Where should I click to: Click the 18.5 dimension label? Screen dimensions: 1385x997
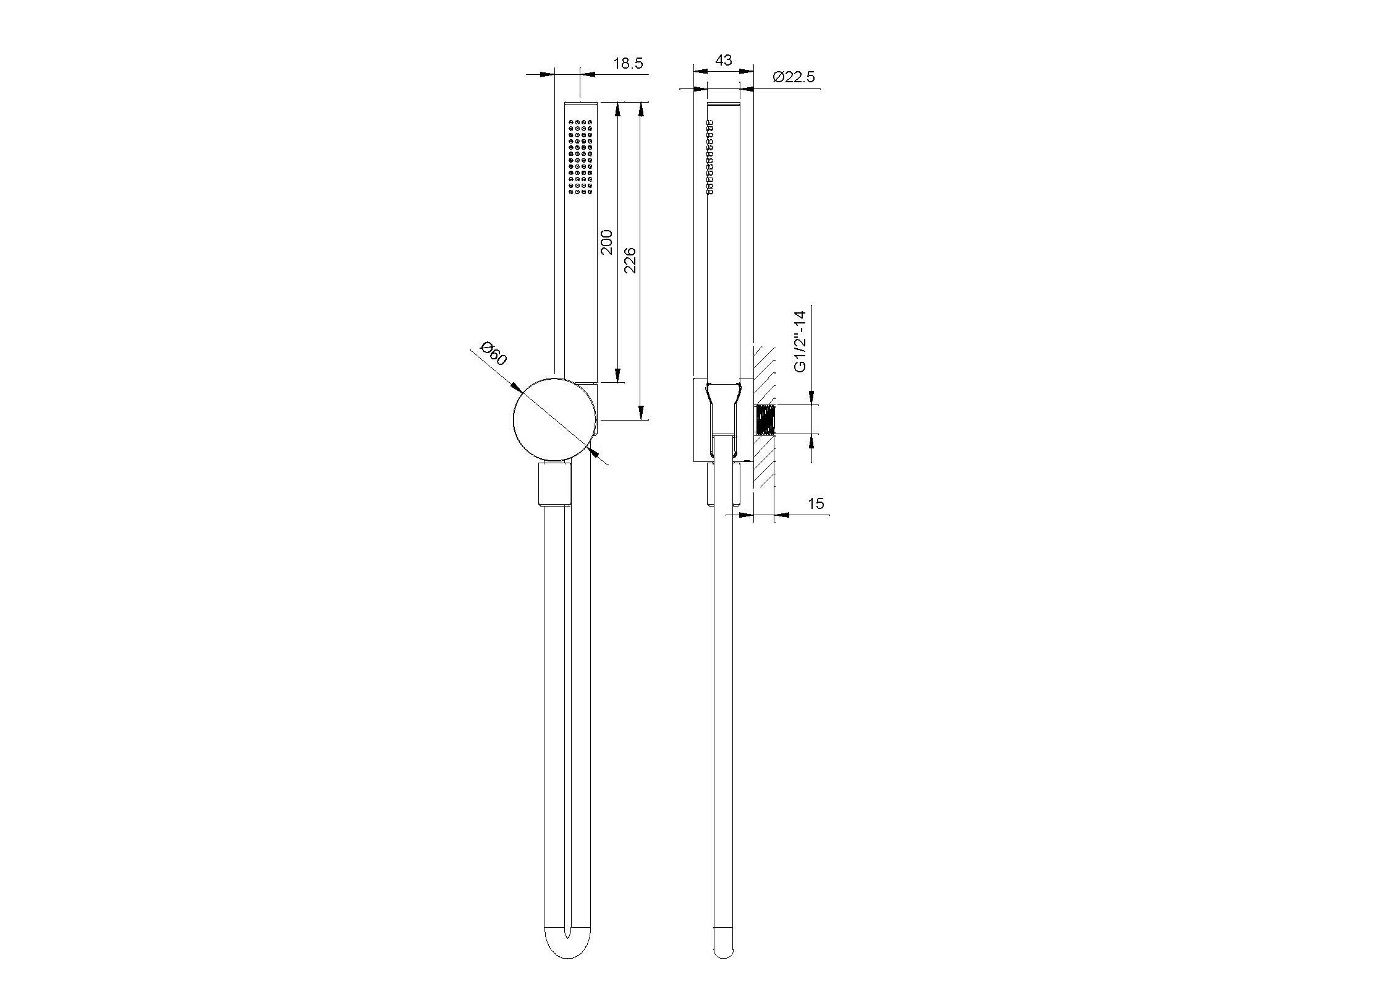628,63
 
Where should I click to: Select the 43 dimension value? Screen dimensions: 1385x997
723,60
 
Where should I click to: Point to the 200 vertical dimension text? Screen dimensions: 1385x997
606,242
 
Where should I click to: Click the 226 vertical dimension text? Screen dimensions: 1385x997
629,260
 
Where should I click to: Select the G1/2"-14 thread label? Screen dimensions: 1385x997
800,342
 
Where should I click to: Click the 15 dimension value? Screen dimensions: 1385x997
816,503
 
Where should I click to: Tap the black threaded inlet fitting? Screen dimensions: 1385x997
765,420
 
